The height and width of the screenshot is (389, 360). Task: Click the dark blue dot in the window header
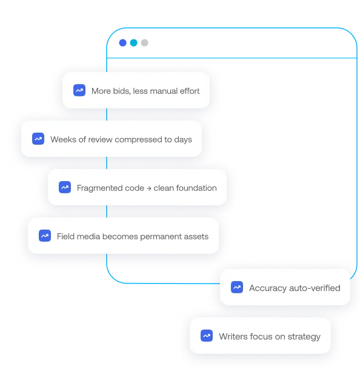[x=122, y=42]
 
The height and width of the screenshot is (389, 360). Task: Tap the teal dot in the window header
[x=133, y=42]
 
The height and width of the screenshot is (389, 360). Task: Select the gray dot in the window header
[x=144, y=42]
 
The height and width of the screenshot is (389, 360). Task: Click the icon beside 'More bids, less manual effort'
[x=79, y=90]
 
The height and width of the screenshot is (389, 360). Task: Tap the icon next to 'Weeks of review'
[x=38, y=139]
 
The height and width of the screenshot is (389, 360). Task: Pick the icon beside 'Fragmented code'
[x=64, y=187]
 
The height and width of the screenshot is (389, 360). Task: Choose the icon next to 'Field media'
[x=45, y=236]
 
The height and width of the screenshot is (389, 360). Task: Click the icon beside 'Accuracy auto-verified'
[x=236, y=287]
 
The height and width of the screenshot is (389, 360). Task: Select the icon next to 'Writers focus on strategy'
[x=206, y=336]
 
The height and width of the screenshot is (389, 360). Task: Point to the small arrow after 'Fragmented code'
[x=148, y=188]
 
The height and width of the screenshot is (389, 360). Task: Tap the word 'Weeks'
[x=63, y=139]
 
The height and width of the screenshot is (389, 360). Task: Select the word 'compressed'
[x=138, y=140]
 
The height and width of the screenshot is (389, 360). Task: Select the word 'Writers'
[x=233, y=337]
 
